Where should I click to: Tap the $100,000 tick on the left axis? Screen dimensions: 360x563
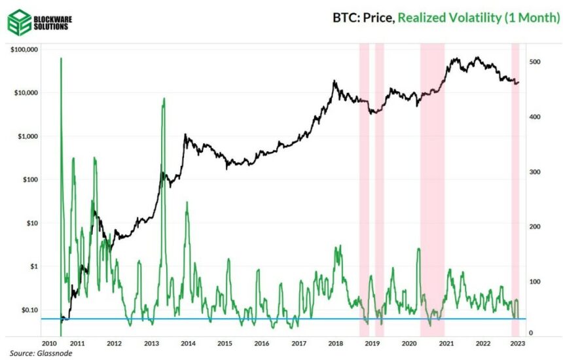pos(26,50)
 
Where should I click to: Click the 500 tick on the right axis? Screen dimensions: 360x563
pos(535,62)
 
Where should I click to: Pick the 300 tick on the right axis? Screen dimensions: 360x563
pos(535,171)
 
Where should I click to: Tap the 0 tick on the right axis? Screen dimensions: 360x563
pos(531,333)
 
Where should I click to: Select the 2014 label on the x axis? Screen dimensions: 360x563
pos(188,343)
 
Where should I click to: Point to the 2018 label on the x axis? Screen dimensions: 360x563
pos(335,343)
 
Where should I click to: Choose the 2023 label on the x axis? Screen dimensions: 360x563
pos(517,343)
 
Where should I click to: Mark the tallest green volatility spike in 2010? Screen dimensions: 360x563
pos(61,59)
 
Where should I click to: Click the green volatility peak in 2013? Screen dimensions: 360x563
pos(164,99)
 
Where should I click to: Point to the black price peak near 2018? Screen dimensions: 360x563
pos(335,81)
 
